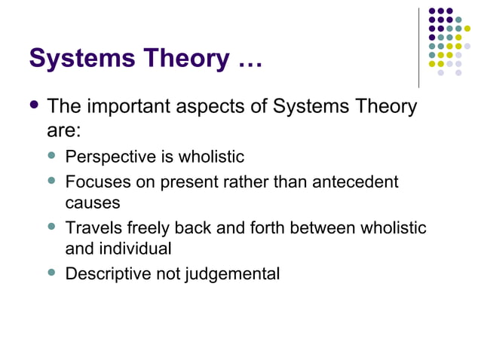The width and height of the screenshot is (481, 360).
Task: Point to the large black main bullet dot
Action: point(33,105)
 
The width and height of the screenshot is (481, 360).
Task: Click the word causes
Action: point(93,203)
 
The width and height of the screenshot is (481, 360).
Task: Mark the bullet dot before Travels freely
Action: point(52,226)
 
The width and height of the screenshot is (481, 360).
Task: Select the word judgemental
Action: point(232,273)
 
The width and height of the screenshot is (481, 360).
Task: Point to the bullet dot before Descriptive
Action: point(52,272)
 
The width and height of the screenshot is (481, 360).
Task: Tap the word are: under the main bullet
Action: point(63,130)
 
